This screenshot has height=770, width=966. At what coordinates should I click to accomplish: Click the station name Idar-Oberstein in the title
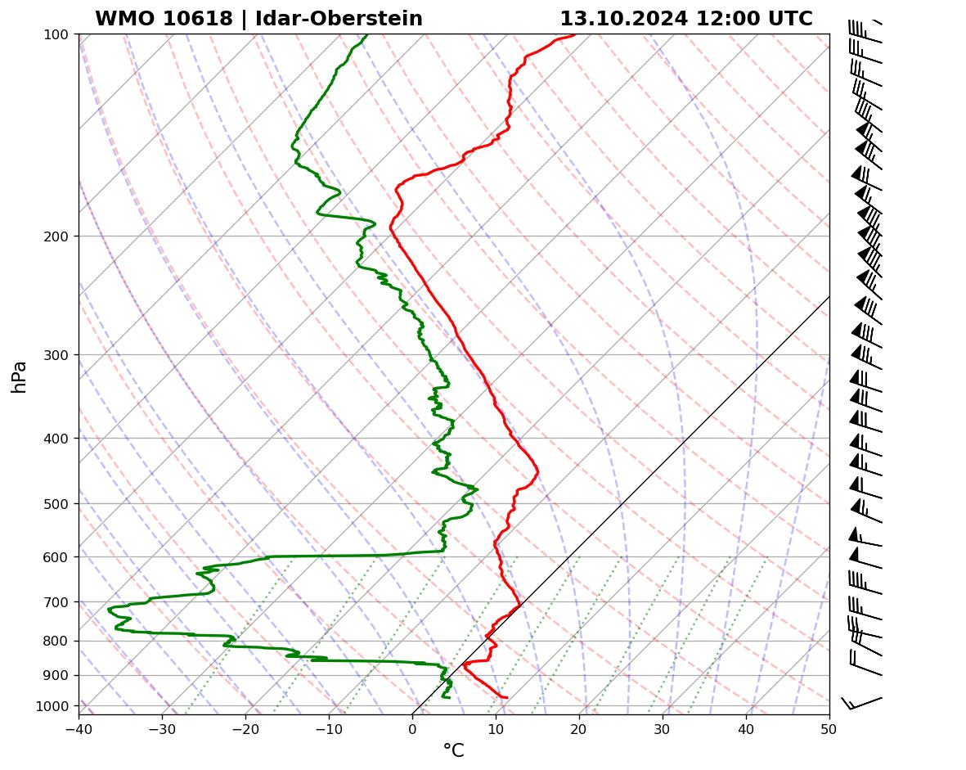339,19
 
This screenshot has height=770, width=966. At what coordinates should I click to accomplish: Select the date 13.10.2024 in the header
624,19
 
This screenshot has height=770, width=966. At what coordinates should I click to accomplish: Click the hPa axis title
19,376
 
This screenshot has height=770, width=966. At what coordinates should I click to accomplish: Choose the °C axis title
453,750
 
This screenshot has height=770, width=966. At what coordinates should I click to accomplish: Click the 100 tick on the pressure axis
57,34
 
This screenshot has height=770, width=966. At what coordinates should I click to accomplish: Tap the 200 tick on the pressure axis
57,236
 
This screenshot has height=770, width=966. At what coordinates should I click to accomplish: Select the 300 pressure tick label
57,355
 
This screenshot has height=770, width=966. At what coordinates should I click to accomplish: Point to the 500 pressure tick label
57,504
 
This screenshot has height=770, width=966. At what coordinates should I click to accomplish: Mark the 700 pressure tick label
57,602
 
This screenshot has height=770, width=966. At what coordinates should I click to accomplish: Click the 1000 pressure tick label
54,706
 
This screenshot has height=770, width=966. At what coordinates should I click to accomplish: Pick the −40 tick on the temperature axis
79,726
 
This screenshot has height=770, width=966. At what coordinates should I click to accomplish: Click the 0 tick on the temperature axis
412,726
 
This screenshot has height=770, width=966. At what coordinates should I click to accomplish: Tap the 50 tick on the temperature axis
829,726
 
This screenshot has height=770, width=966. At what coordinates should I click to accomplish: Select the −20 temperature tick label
245,726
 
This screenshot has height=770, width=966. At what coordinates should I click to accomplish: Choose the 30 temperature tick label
662,726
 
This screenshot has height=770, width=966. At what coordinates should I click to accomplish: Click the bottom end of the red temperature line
507,697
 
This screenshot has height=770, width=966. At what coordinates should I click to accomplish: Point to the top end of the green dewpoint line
367,34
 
